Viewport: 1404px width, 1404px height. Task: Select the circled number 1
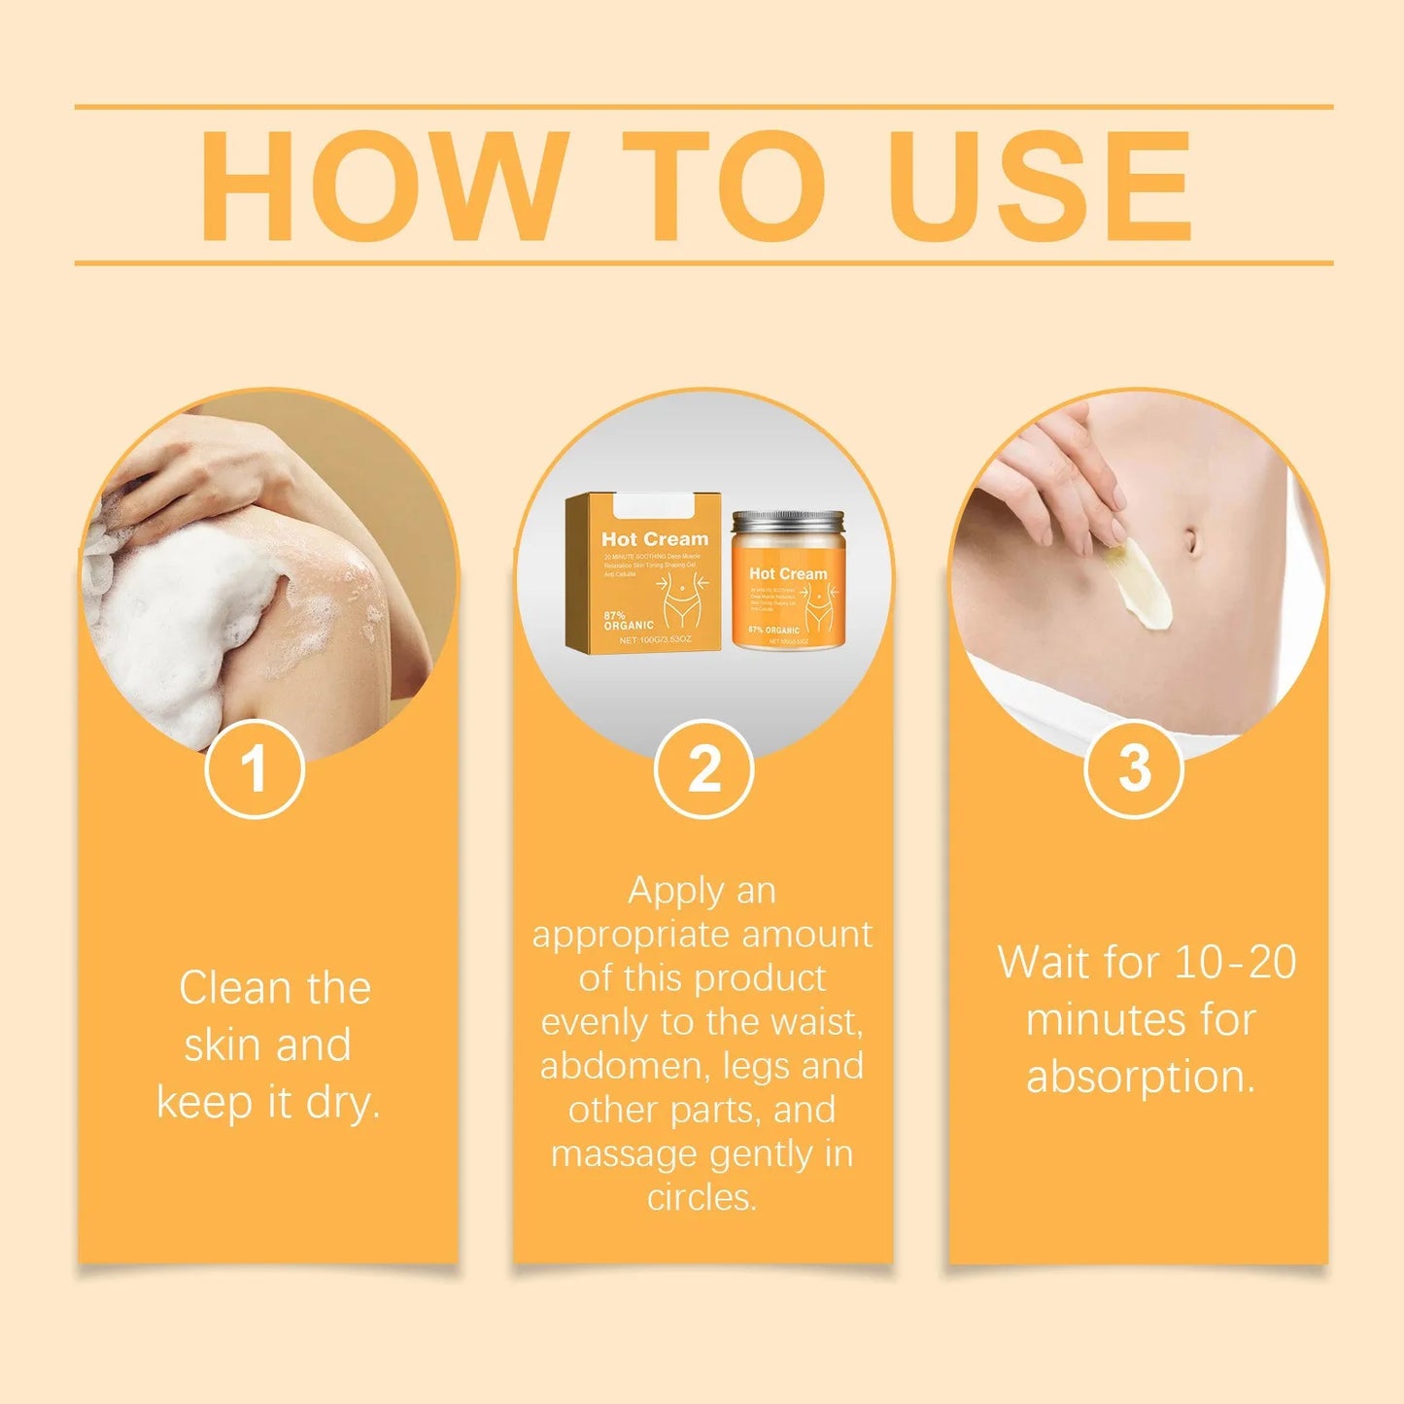point(255,770)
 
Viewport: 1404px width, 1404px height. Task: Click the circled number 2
point(703,770)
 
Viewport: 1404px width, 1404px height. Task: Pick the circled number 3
point(1134,770)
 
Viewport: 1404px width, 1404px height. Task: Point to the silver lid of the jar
point(788,524)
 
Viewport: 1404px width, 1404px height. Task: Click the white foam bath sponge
point(170,622)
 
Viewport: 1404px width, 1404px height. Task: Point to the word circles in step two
point(702,1197)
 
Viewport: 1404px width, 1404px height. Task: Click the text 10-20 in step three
point(1235,962)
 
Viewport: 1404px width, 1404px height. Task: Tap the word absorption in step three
point(1141,1077)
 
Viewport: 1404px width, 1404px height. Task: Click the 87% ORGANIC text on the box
point(628,620)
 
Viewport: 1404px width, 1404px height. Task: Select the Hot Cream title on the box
point(655,538)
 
